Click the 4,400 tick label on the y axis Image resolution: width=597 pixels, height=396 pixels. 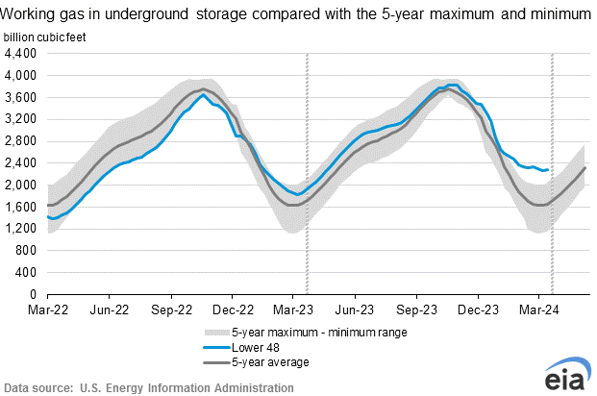pyautogui.click(x=21, y=53)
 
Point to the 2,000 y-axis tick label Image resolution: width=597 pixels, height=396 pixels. pyautogui.click(x=21, y=185)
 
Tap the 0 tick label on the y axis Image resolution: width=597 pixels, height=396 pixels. pyautogui.click(x=34, y=294)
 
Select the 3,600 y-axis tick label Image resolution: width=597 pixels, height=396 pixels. pyautogui.click(x=21, y=97)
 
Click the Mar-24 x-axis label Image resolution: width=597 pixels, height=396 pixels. pyautogui.click(x=539, y=310)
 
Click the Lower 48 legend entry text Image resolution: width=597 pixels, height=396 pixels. pyautogui.click(x=247, y=347)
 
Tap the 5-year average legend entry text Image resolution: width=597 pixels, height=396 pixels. pyautogui.click(x=261, y=361)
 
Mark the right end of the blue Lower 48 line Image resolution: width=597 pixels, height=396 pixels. pyautogui.click(x=548, y=169)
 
